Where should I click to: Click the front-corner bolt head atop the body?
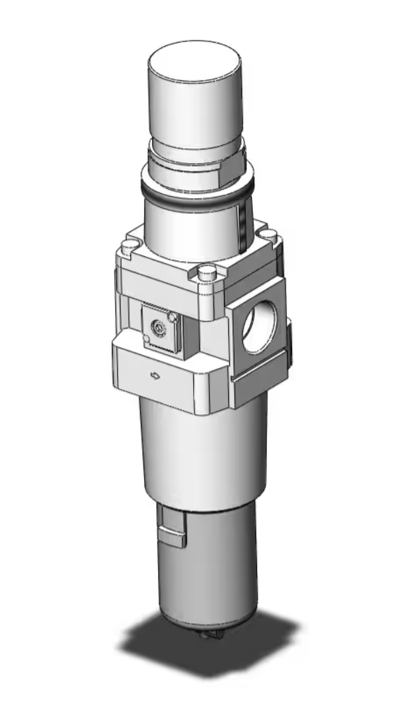(x=205, y=272)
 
